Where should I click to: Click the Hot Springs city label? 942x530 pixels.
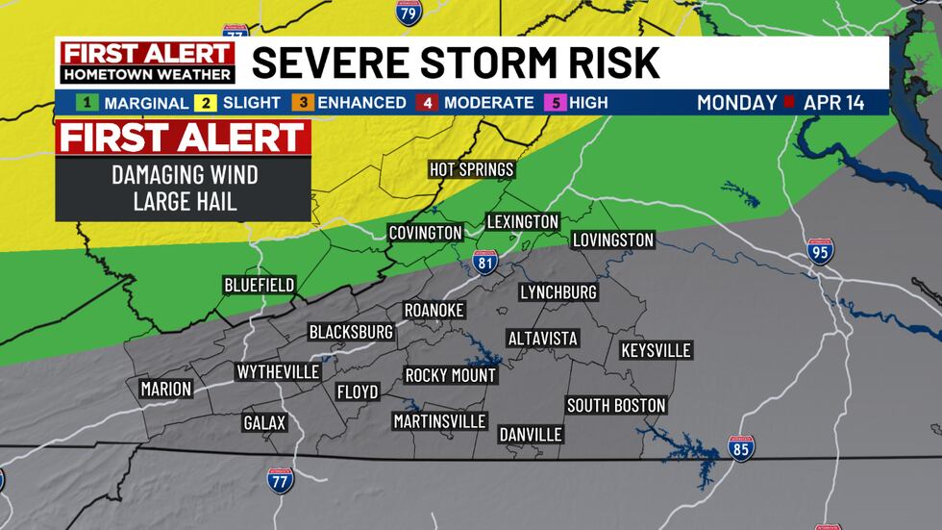pos(472,170)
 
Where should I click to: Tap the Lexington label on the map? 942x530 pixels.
pos(522,222)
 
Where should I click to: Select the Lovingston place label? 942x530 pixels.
pos(612,240)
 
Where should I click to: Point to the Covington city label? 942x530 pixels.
pos(426,233)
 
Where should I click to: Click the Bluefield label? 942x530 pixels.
pos(260,285)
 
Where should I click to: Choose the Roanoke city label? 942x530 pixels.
pos(434,310)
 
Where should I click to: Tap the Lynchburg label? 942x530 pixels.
pos(558,291)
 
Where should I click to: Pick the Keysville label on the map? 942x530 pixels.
pos(656,350)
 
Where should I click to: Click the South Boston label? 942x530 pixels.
pos(616,405)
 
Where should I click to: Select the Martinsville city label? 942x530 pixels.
pos(440,420)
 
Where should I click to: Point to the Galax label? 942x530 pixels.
pos(264,423)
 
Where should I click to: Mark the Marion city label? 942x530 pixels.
pos(165,390)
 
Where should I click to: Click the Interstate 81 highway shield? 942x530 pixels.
pos(485,262)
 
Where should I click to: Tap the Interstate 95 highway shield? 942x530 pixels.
pos(820,251)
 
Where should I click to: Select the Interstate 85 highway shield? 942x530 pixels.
pos(741,447)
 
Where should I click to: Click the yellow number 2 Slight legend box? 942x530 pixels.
pos(206,102)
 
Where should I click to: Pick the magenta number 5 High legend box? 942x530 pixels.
pos(553,102)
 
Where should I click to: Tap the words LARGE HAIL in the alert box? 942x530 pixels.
pos(183,202)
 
